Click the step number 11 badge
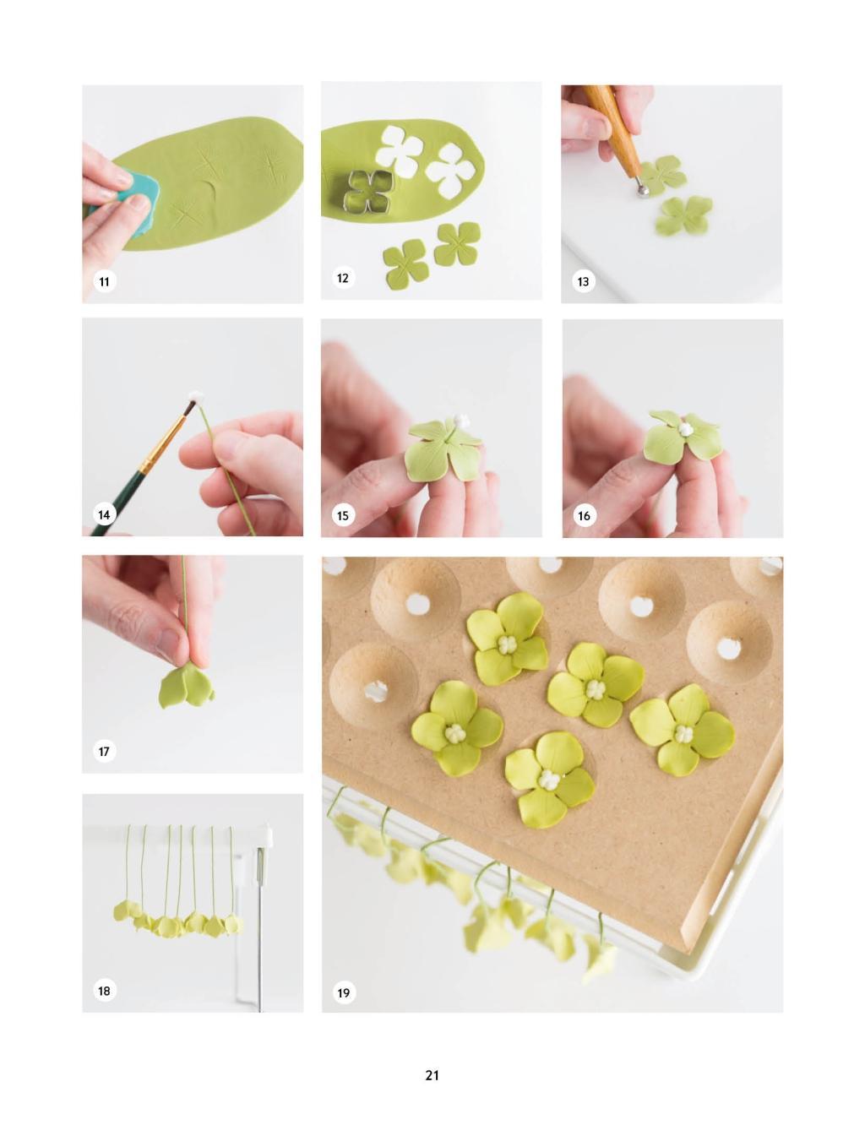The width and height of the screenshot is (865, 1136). pos(104,281)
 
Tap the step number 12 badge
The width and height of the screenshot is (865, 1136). pos(343,278)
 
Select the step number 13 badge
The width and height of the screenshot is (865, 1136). pos(583,281)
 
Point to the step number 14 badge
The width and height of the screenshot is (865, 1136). pos(104,514)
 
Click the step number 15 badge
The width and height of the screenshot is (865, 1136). pos(343,515)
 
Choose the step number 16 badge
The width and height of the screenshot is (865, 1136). pos(584,515)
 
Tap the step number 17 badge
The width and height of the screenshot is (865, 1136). pos(104,751)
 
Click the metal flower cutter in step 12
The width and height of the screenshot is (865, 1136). pos(370,191)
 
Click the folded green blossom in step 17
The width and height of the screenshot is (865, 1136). pos(185,687)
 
